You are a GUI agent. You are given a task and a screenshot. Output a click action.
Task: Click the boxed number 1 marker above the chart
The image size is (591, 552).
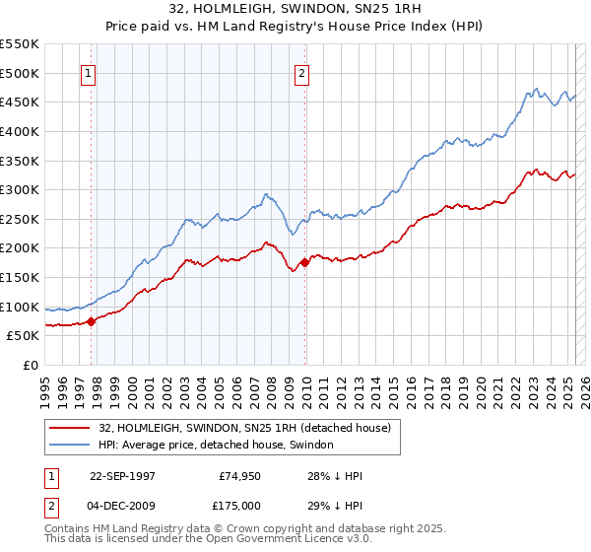[x=89, y=72]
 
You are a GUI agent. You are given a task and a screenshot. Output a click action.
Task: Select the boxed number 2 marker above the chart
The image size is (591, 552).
[x=301, y=72]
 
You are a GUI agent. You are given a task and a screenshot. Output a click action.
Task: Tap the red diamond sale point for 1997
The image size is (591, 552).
[x=92, y=320]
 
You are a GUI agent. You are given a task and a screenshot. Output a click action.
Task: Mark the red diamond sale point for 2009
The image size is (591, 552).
[x=304, y=262]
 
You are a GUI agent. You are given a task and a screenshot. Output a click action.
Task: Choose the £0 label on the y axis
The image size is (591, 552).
[x=31, y=365]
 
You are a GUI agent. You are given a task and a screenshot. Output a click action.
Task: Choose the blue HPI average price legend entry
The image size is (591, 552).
[x=216, y=446]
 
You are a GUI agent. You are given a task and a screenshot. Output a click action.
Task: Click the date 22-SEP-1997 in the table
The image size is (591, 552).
[x=123, y=476]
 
